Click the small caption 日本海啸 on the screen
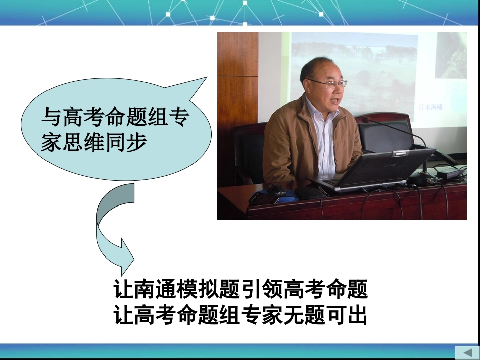click(x=434, y=107)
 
